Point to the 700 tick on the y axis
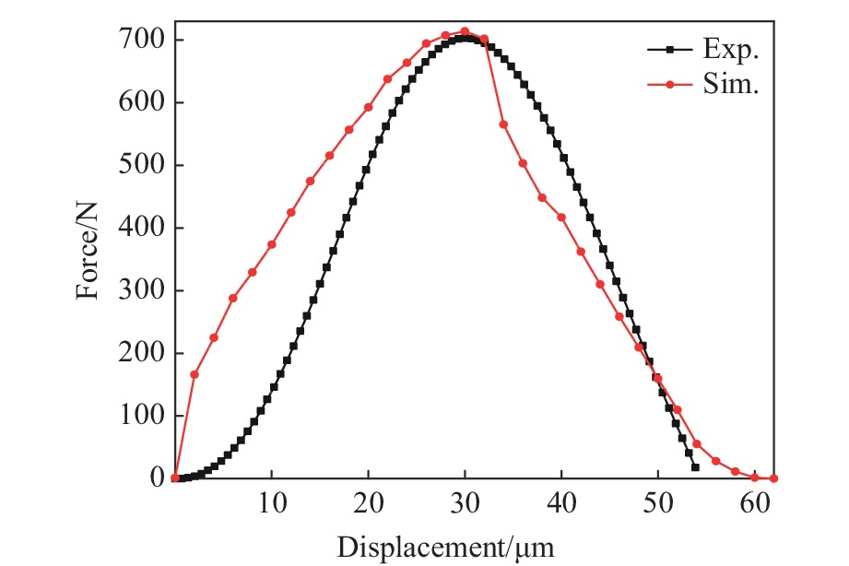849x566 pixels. (x=142, y=40)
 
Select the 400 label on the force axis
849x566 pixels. (x=142, y=228)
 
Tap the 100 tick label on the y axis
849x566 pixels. (x=142, y=416)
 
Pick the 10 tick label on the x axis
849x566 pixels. (x=272, y=502)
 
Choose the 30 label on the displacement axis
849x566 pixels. (x=465, y=502)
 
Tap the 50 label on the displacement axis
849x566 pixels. (x=657, y=502)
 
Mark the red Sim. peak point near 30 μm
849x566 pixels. (x=465, y=31)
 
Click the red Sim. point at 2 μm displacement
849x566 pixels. (x=195, y=374)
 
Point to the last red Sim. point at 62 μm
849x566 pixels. (x=773, y=478)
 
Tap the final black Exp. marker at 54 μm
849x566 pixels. (x=695, y=467)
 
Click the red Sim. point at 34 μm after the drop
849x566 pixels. (x=503, y=124)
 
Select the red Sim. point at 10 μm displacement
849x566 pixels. (x=272, y=244)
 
